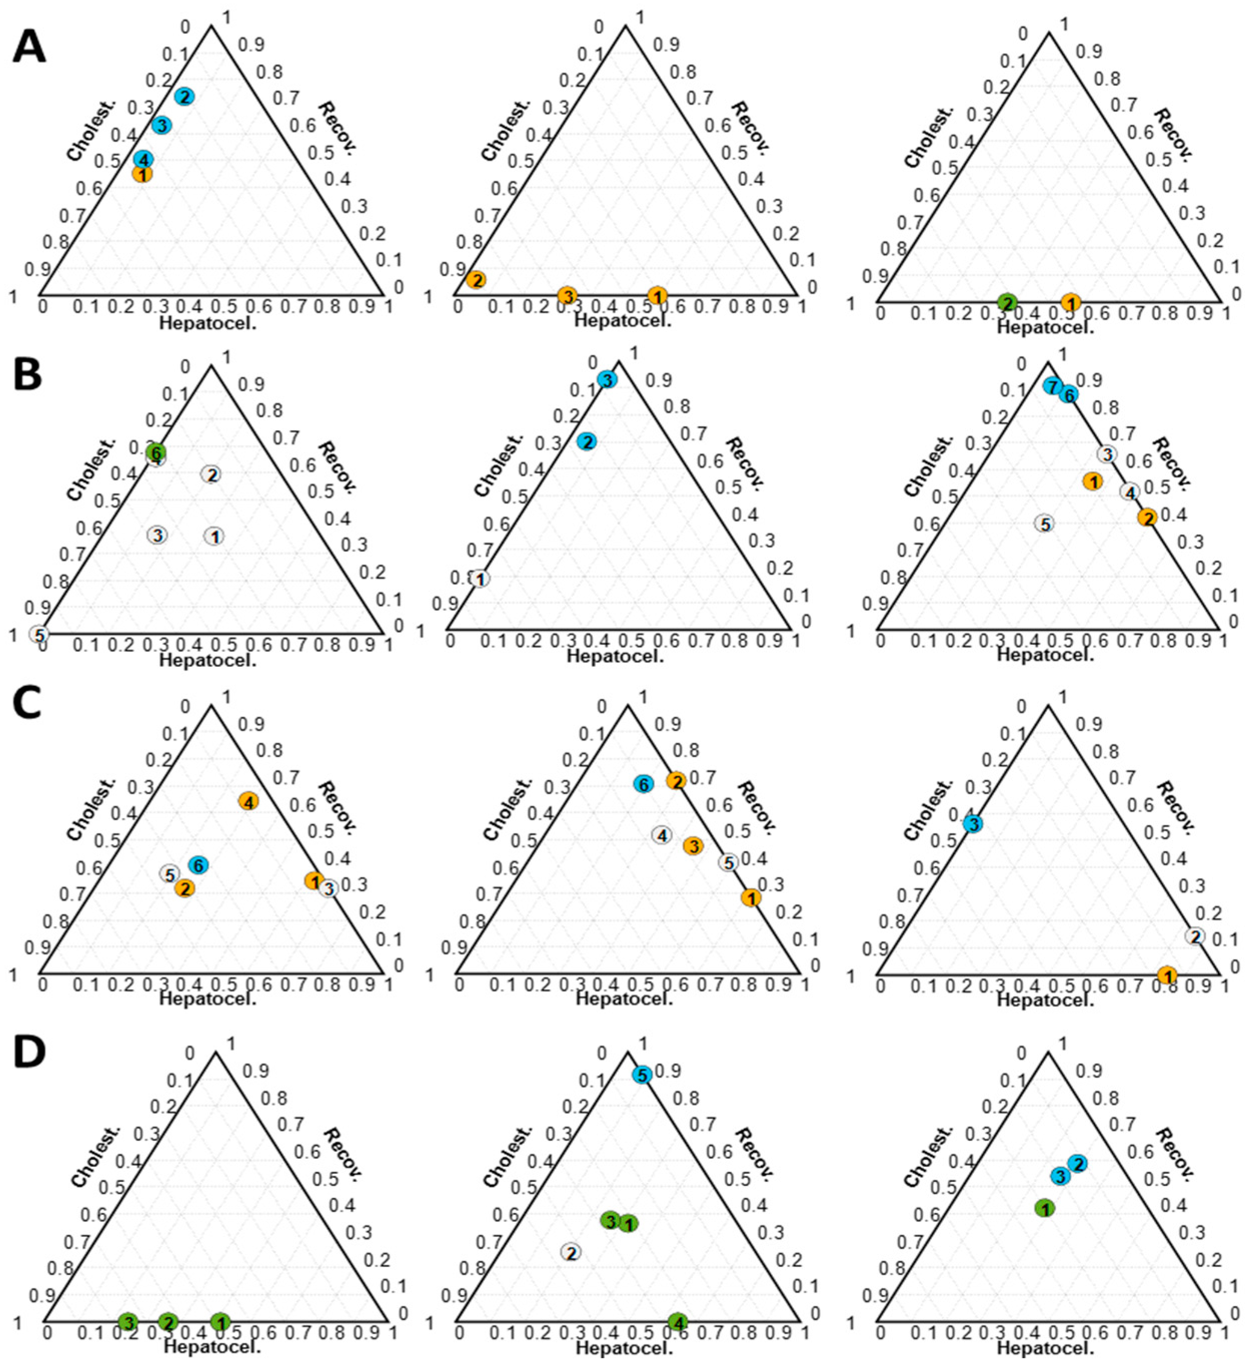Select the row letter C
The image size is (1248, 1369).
click(28, 707)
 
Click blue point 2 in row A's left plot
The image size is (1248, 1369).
click(184, 97)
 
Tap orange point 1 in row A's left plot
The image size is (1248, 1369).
click(143, 174)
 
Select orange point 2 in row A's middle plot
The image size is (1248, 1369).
click(476, 280)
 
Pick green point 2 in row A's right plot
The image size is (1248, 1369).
click(1008, 302)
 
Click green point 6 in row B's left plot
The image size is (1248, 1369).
click(156, 451)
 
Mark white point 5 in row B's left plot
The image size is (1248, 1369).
click(40, 635)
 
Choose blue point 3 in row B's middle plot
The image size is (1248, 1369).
click(607, 379)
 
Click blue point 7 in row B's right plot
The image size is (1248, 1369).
click(1052, 386)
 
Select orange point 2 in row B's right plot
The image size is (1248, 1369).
click(1147, 518)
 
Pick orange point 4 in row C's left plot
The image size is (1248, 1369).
click(249, 801)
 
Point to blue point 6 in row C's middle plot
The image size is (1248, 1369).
click(643, 784)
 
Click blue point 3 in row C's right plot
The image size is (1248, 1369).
click(972, 824)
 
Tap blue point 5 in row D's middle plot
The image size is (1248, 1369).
click(642, 1075)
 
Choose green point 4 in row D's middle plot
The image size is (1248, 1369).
click(677, 1321)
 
